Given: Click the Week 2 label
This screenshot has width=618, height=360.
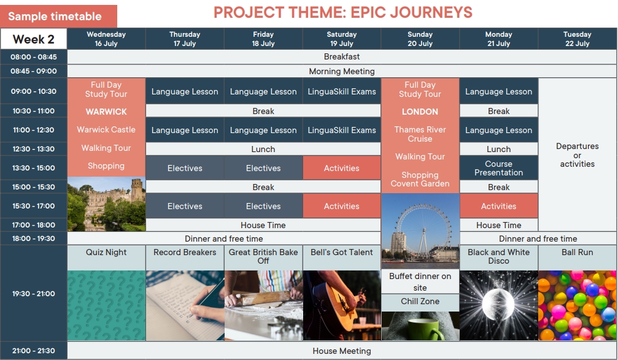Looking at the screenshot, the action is coord(34,39).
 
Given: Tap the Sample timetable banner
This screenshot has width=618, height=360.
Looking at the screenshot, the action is coord(58,16).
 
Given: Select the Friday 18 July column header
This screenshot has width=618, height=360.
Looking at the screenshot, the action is coord(263,39).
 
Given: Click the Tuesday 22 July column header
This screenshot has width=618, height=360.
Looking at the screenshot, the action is coord(577,39).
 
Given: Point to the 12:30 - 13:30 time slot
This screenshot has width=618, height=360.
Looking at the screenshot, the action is coord(34,149).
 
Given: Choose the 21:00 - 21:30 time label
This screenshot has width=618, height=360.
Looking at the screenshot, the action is coord(34,351).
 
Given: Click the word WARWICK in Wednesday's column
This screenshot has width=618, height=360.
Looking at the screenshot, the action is coord(106,112).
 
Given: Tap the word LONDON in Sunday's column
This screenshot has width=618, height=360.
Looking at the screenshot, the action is coord(420,112).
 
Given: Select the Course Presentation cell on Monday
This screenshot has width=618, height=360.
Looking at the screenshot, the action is coord(498,168).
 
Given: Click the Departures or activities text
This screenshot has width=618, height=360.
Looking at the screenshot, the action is coord(577,155).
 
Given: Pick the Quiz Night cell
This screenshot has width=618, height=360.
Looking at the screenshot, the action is coord(106,253).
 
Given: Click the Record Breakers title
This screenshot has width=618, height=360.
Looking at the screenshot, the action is coord(185,253).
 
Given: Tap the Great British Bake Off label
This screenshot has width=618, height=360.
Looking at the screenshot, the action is coord(263,256).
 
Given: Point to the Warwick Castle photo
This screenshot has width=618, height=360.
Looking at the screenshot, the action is coord(106,204).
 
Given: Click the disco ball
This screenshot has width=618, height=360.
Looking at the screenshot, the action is coord(498,304).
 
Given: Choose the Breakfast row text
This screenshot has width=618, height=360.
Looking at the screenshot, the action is coord(342,56).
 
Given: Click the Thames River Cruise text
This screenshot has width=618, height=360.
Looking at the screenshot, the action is coord(420,134).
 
